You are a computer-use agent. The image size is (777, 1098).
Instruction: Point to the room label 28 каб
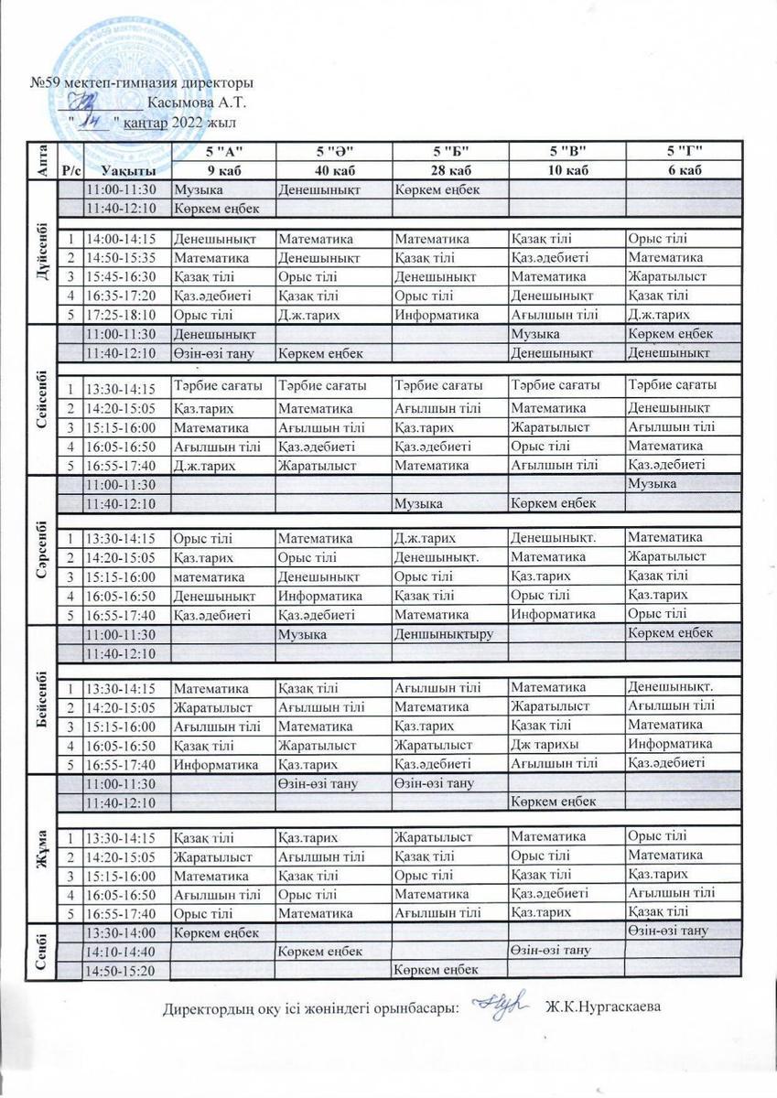pos(450,170)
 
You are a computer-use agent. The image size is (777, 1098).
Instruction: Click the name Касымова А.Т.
pos(197,102)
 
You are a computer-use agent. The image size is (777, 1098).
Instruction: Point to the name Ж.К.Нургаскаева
pos(602,1008)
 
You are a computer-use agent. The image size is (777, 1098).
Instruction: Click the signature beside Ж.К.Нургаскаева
pos(502,1005)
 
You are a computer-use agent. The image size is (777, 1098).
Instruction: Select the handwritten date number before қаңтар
pos(91,120)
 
